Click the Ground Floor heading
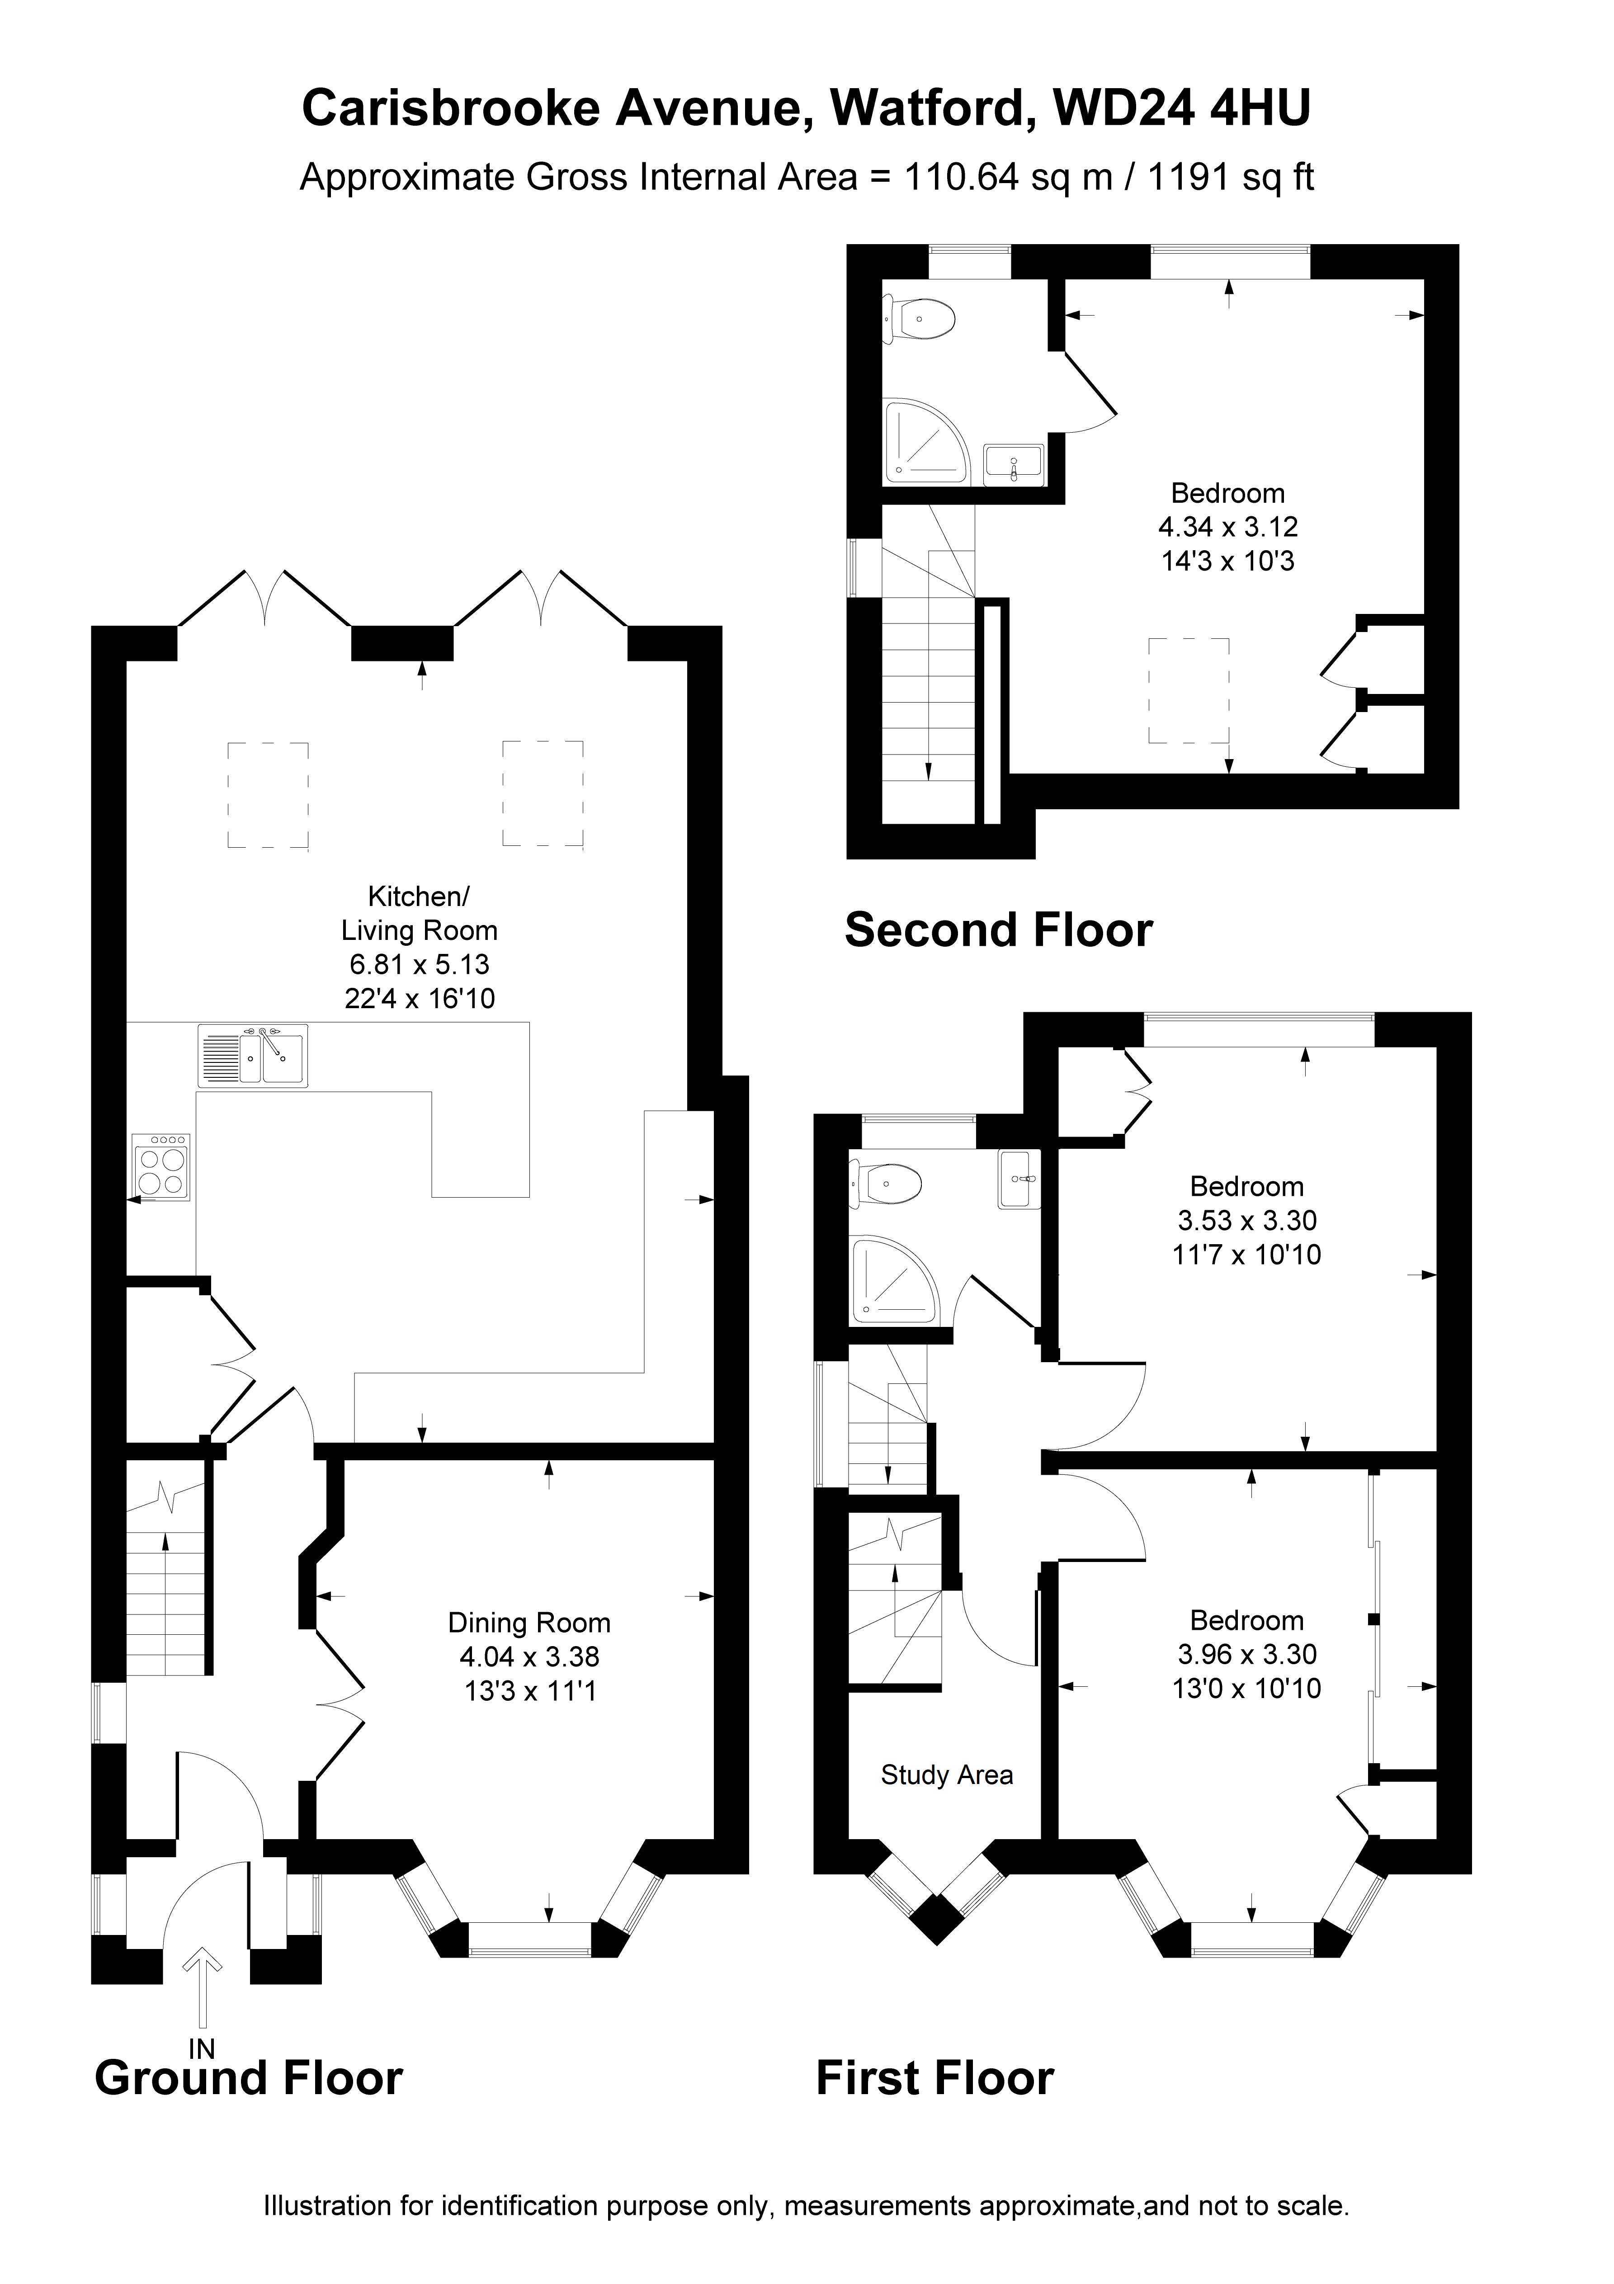pyautogui.click(x=249, y=2078)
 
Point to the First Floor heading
pyautogui.click(x=934, y=2078)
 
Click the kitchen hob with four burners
pyautogui.click(x=159, y=1168)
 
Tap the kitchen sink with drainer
pyautogui.click(x=253, y=1056)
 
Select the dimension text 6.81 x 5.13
pyautogui.click(x=419, y=964)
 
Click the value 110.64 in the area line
pyautogui.click(x=961, y=177)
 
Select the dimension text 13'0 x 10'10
pyautogui.click(x=1247, y=1688)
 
